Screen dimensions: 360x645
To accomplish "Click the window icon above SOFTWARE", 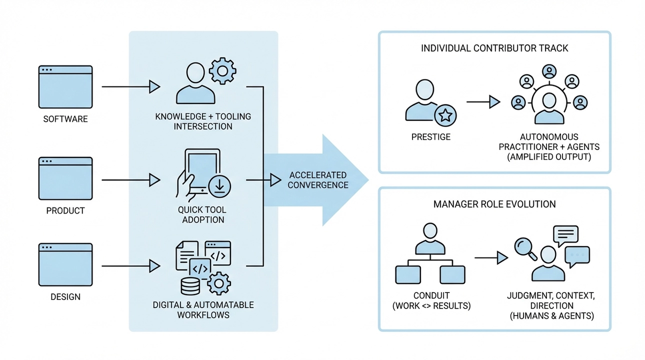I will pyautogui.click(x=65, y=86).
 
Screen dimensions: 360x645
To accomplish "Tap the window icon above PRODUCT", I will pyautogui.click(x=65, y=178).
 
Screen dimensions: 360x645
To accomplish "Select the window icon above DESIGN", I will pyautogui.click(x=65, y=265).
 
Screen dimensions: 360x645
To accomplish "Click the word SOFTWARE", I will pyautogui.click(x=65, y=119).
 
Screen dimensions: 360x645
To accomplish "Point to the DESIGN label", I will pyautogui.click(x=65, y=297).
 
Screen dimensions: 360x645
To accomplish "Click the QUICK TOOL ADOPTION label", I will pyautogui.click(x=203, y=215).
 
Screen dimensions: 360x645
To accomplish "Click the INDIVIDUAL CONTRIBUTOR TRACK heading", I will pyautogui.click(x=494, y=48).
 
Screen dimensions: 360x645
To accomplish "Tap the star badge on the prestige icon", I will pyautogui.click(x=445, y=116).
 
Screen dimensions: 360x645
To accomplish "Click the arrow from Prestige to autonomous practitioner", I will pyautogui.click(x=483, y=102).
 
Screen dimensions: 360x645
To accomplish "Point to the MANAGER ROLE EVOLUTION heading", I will pyautogui.click(x=494, y=204).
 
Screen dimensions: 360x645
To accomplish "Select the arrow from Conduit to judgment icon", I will pyautogui.click(x=491, y=258).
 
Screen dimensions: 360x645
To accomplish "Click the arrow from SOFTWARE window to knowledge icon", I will pyautogui.click(x=131, y=86).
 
